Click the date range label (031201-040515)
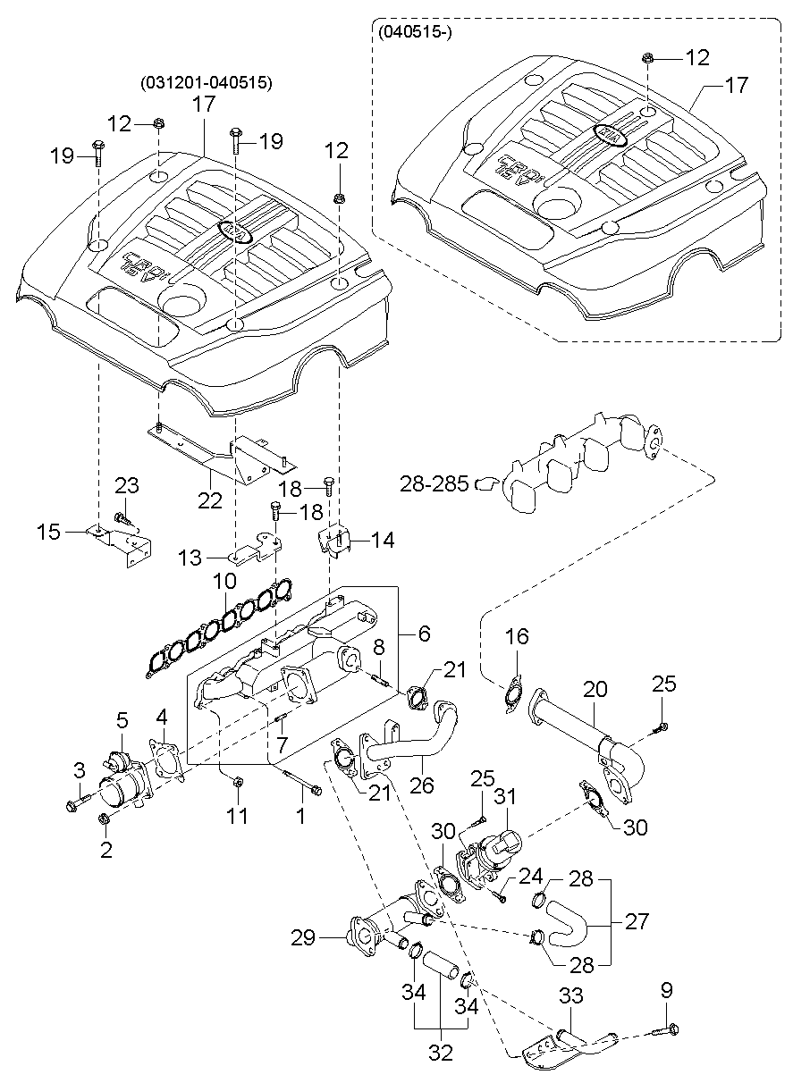pyautogui.click(x=207, y=83)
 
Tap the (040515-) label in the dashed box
pyautogui.click(x=414, y=35)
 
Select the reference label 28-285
pyautogui.click(x=434, y=483)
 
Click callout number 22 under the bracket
pyautogui.click(x=210, y=500)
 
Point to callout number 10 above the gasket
pyautogui.click(x=224, y=581)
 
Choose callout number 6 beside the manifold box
pyautogui.click(x=425, y=634)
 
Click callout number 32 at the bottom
pyautogui.click(x=441, y=1066)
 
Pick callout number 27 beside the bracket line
pyautogui.click(x=637, y=921)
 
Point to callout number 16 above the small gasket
pyautogui.click(x=517, y=637)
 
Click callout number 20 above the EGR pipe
pyautogui.click(x=595, y=690)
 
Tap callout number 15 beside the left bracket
pyautogui.click(x=48, y=532)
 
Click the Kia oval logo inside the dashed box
pyautogui.click(x=610, y=135)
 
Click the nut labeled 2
pyautogui.click(x=103, y=819)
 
